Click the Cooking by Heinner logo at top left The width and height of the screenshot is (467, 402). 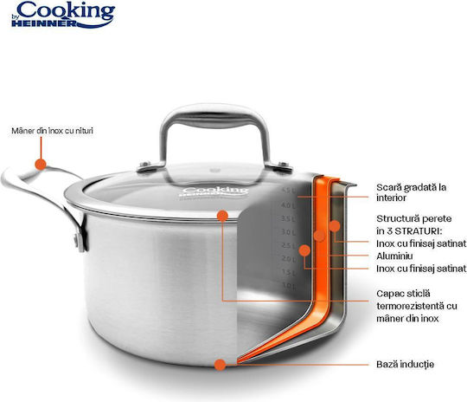(x=63, y=15)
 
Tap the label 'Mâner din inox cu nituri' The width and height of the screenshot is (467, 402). (x=52, y=131)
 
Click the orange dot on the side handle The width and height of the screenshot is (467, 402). (x=41, y=164)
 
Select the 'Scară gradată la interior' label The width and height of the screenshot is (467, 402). (x=411, y=192)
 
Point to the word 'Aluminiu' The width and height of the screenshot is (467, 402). (x=394, y=256)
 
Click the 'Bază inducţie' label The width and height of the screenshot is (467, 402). (x=405, y=364)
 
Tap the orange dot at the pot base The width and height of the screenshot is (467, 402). (x=220, y=365)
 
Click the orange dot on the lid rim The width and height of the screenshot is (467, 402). (x=222, y=216)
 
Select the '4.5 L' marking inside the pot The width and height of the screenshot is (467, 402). (x=288, y=191)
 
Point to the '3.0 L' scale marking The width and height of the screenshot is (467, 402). (x=288, y=232)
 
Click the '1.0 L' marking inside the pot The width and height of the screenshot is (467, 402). (x=288, y=286)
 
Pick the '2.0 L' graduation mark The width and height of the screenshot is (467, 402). (x=288, y=259)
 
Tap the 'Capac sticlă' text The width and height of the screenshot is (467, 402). (x=403, y=294)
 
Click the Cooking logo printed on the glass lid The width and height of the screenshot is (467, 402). (x=214, y=191)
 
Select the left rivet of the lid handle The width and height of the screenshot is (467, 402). (x=145, y=164)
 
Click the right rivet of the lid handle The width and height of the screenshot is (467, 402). (x=283, y=165)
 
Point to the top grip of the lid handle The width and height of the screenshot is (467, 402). (x=214, y=114)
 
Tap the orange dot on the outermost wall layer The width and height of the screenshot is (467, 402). (x=335, y=226)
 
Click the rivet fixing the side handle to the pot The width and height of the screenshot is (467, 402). (x=77, y=240)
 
